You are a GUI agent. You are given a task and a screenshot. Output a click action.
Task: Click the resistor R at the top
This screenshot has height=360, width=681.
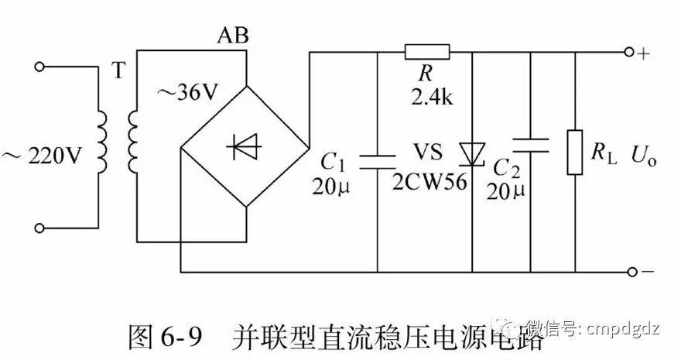click(426, 53)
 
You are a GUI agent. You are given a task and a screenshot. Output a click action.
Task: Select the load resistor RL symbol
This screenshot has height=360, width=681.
click(574, 153)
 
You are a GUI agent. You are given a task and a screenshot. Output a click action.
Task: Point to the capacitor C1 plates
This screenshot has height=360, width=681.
click(377, 159)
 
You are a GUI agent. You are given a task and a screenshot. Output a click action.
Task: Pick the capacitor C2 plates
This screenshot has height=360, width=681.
click(531, 143)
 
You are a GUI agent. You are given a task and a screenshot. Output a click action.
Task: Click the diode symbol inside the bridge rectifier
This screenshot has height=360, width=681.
click(245, 147)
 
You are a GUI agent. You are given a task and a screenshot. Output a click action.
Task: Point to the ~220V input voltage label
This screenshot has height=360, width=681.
click(43, 156)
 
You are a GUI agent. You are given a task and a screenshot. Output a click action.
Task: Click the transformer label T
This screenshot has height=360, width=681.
click(118, 71)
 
